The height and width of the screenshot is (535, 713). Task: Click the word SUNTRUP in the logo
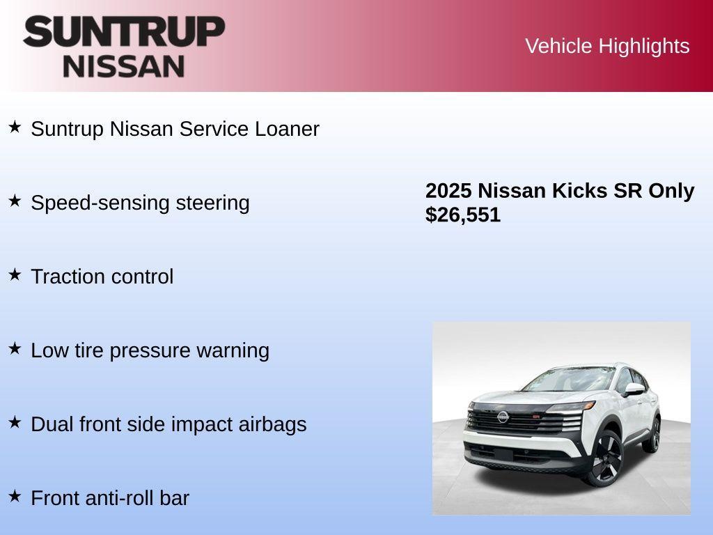click(x=124, y=32)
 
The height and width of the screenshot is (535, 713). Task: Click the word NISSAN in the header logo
click(x=124, y=65)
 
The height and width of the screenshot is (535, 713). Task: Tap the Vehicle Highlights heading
click(x=607, y=46)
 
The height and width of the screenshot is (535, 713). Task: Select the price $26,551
click(x=463, y=215)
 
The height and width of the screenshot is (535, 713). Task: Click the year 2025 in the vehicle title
click(x=448, y=191)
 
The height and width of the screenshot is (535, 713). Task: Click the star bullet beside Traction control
click(x=15, y=274)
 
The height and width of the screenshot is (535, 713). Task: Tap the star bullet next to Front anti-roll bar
click(x=15, y=496)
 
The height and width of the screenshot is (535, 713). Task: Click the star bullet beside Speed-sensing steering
click(x=15, y=201)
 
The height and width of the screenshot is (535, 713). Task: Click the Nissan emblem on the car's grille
click(x=502, y=417)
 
